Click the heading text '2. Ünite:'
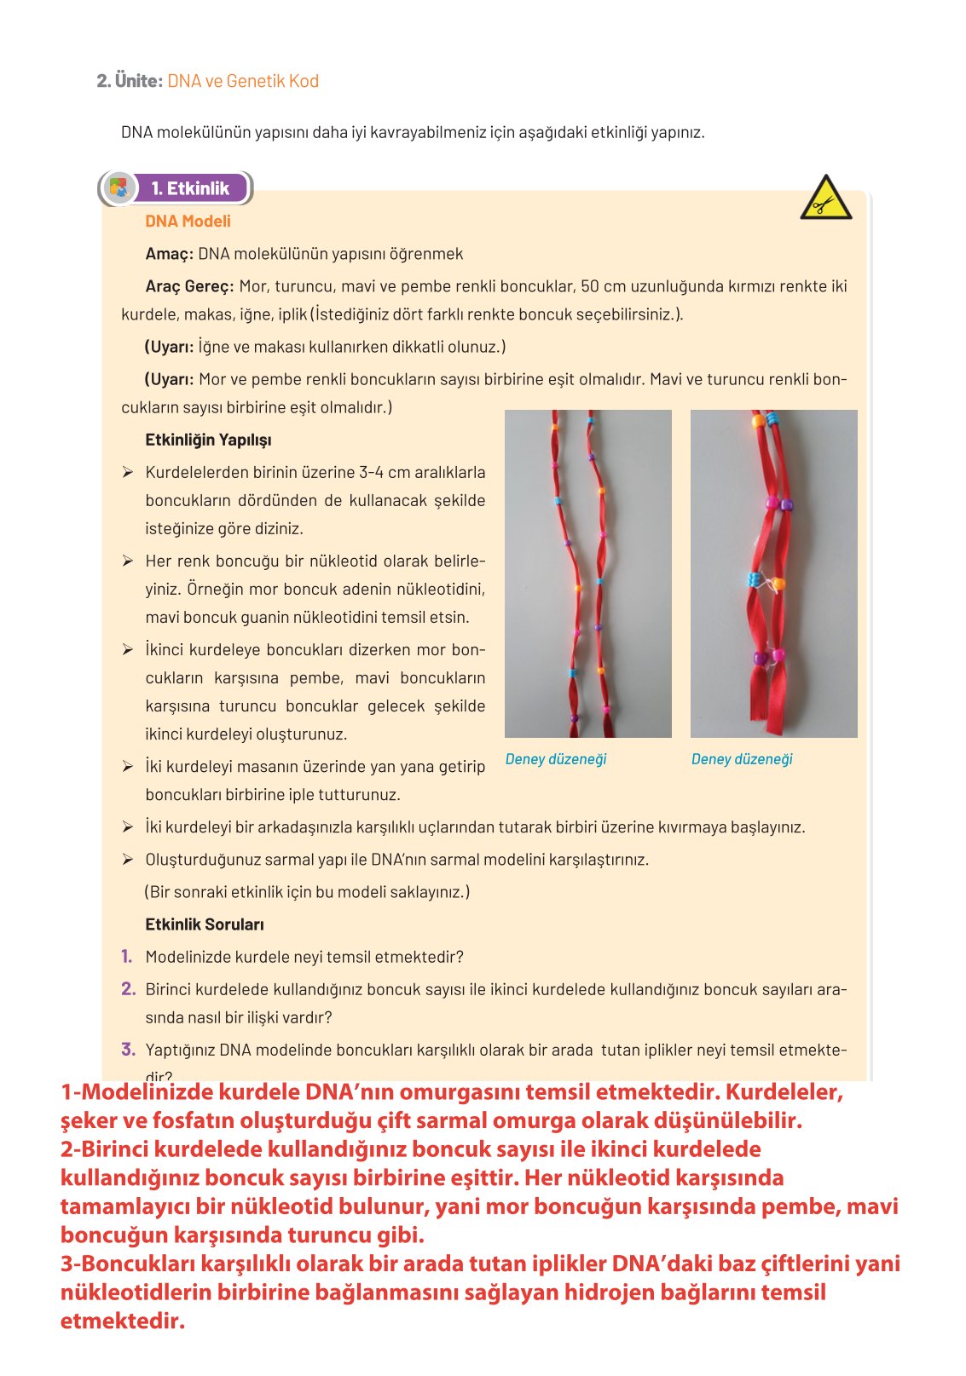129,81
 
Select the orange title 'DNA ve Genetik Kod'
243,81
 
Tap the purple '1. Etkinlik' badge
190,188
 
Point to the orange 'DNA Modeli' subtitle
188,222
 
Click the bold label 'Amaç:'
169,254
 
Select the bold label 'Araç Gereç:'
189,286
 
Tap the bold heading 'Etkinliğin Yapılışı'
208,440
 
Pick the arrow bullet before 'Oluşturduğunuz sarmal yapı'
128,860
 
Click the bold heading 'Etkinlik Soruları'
205,924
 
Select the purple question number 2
128,989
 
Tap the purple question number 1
127,957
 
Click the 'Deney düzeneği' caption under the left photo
556,759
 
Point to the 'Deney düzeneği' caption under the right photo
742,759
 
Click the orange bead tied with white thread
777,584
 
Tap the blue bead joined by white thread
754,580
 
